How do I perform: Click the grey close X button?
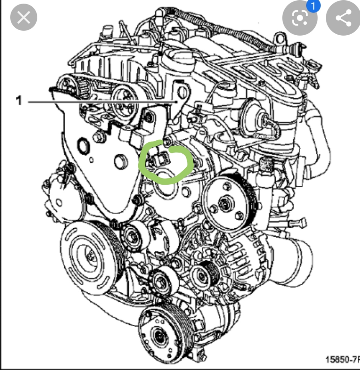24,17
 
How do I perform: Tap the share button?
343,18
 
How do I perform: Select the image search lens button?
300,18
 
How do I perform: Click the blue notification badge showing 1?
313,6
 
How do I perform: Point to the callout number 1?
19,100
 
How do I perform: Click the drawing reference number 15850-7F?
343,359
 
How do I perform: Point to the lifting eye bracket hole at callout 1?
182,92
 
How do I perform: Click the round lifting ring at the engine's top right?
280,39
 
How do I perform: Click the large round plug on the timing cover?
121,162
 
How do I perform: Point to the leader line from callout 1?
102,102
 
